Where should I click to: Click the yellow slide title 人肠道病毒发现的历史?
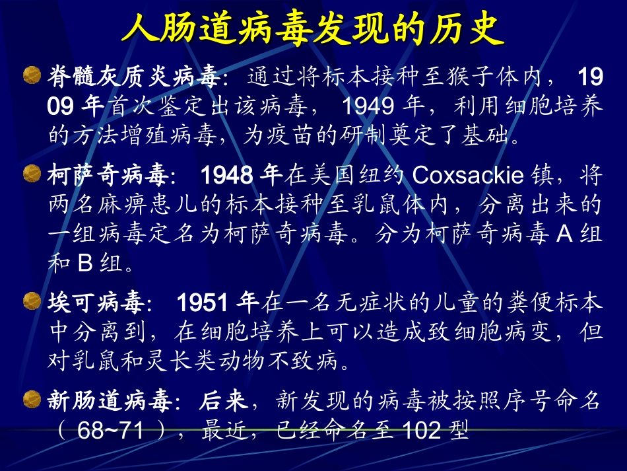pyautogui.click(x=313, y=28)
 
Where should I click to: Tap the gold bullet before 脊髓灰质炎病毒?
pyautogui.click(x=32, y=75)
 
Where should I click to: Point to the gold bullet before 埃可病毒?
pyautogui.click(x=32, y=302)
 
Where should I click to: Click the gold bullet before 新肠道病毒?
pyautogui.click(x=32, y=398)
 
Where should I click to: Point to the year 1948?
pyautogui.click(x=227, y=176)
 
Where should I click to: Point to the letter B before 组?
pyautogui.click(x=84, y=264)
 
